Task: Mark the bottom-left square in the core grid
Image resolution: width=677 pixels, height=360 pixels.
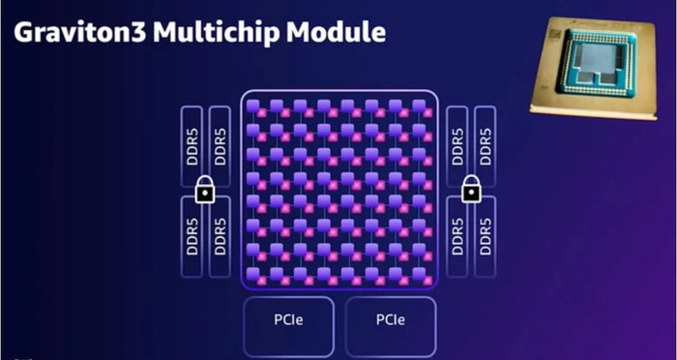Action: coord(254,276)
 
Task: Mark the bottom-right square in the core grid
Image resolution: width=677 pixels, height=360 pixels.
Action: coord(423,276)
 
